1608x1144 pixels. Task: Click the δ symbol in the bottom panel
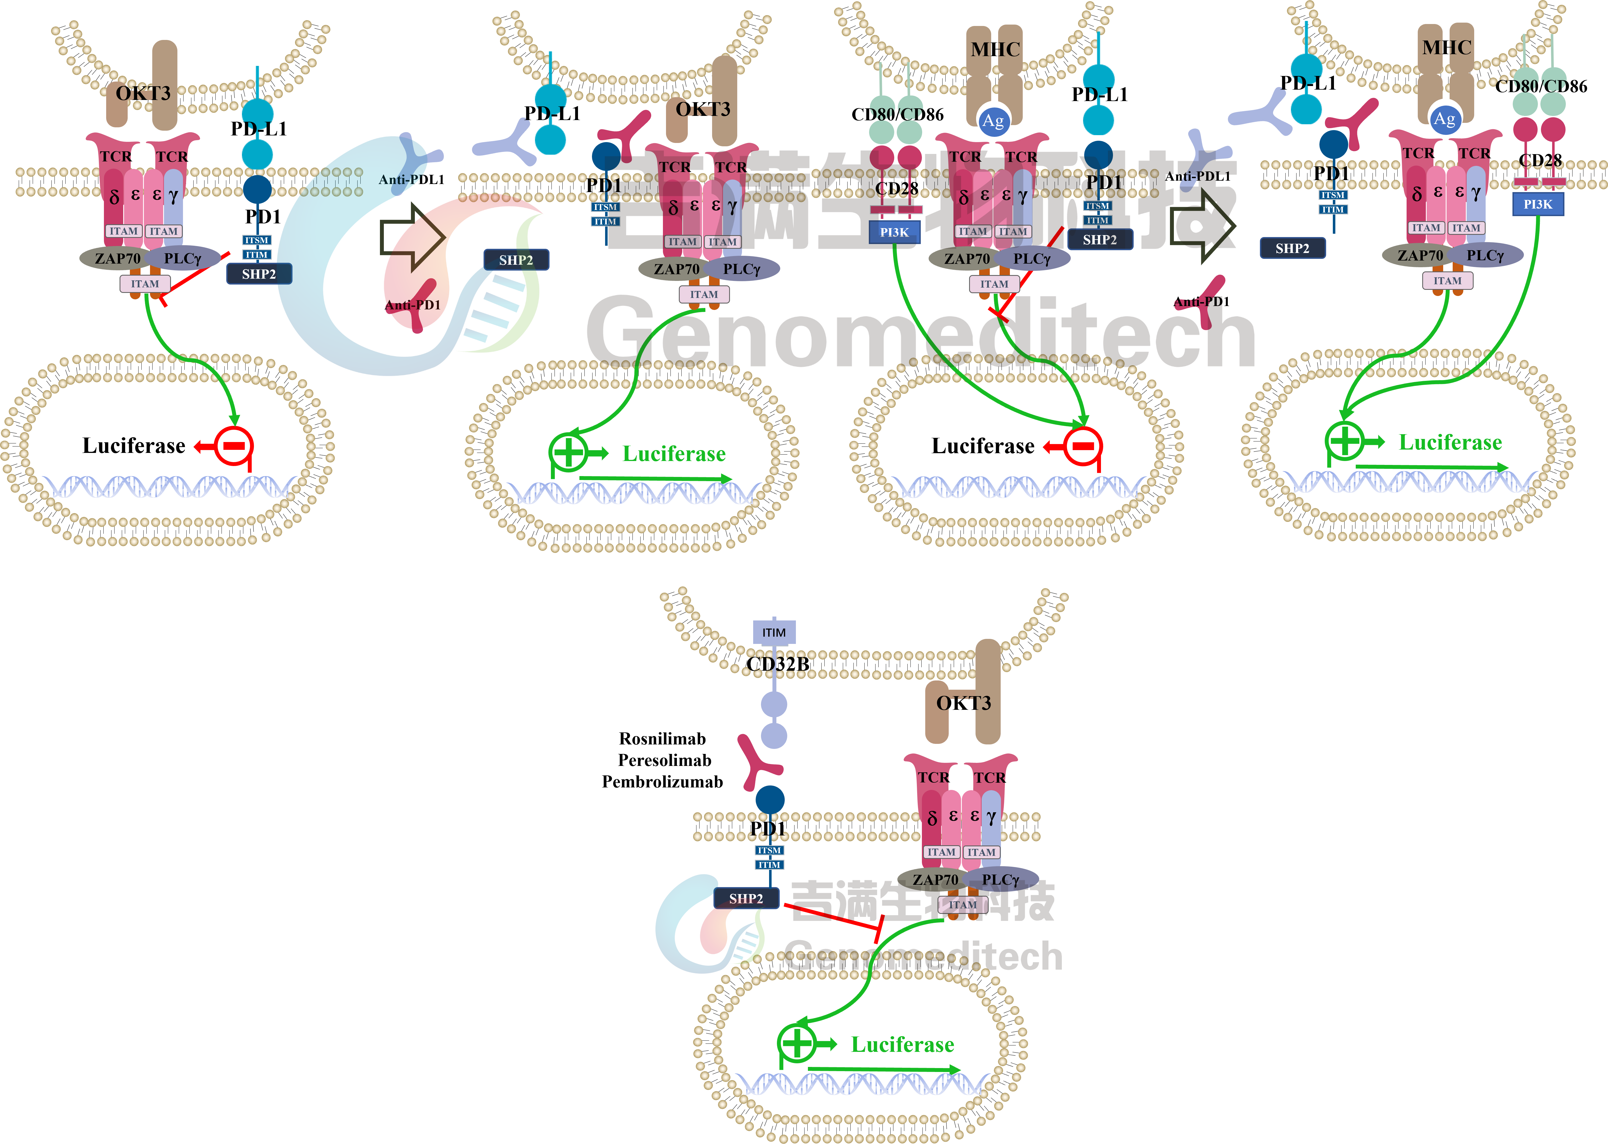pyautogui.click(x=932, y=818)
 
